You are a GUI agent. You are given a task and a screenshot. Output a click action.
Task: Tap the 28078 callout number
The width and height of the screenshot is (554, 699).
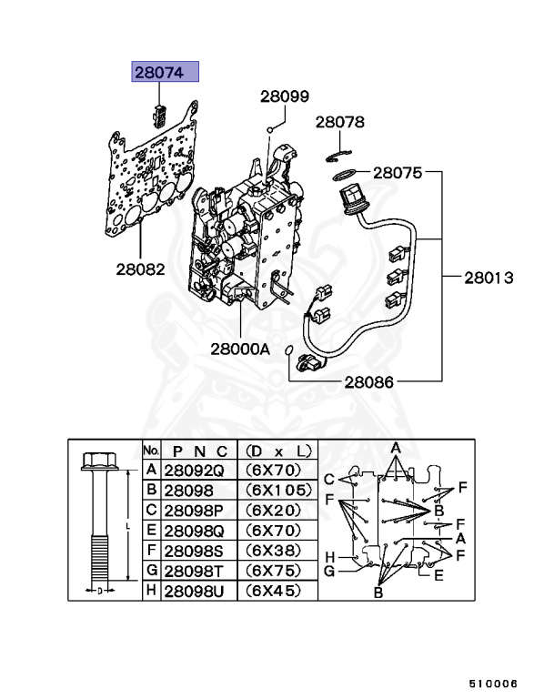[340, 122]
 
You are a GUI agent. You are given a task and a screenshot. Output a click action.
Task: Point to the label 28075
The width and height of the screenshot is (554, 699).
[397, 171]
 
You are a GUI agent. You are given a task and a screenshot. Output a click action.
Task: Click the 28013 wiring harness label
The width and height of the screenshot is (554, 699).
[489, 277]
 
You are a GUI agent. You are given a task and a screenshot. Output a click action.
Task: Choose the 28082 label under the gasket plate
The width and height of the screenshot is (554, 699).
[140, 269]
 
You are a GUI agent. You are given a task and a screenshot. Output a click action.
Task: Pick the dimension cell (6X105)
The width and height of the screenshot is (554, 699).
[277, 490]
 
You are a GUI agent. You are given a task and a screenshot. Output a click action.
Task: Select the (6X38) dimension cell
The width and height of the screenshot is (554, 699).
[277, 550]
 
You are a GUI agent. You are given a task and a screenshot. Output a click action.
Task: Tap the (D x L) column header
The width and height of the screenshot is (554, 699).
[277, 450]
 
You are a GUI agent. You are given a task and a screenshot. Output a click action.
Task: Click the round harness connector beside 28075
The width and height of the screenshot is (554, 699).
[351, 196]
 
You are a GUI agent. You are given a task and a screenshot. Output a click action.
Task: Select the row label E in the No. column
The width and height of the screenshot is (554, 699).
[151, 530]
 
